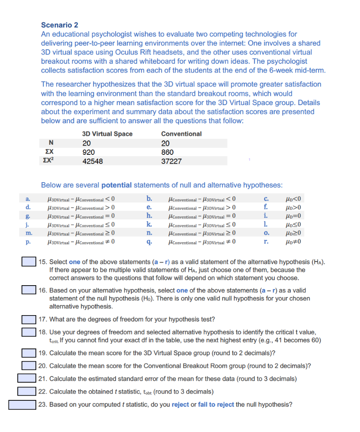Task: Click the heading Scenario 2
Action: point(60,25)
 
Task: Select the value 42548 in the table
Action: point(92,161)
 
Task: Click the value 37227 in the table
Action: point(172,161)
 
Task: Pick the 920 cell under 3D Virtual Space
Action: point(88,152)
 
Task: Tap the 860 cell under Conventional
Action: point(168,152)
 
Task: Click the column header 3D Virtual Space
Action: point(107,134)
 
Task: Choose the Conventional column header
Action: point(181,134)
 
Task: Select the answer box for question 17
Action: point(29,319)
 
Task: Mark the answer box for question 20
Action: point(29,366)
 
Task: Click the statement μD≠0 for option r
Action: point(294,242)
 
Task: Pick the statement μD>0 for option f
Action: point(294,207)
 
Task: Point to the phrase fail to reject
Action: point(216,405)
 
